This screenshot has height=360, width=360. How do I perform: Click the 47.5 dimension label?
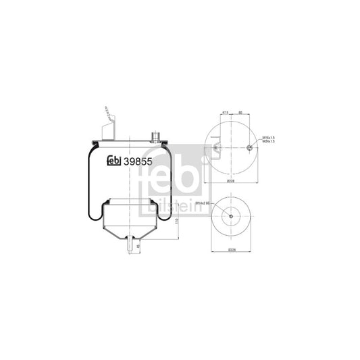210,114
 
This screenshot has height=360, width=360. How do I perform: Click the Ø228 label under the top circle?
232,182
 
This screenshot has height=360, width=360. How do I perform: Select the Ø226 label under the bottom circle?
232,251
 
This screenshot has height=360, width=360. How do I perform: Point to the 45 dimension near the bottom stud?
138,247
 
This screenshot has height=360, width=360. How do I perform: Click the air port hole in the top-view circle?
250,148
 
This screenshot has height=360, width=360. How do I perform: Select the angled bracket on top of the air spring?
108,125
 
